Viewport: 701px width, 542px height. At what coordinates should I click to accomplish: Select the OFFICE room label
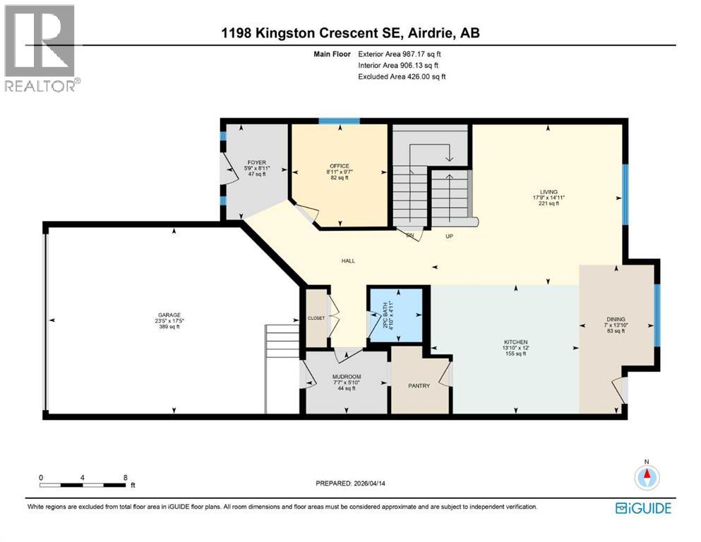340,166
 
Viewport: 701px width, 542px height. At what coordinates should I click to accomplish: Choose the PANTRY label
419,386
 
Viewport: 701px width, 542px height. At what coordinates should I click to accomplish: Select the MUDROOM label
347,377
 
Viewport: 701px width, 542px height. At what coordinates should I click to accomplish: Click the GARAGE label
168,315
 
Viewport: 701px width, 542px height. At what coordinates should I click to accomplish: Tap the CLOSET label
316,318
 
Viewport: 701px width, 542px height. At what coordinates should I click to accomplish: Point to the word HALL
347,261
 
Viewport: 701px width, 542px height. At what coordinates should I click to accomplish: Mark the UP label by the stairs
448,236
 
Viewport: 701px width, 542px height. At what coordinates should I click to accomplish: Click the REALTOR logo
41,48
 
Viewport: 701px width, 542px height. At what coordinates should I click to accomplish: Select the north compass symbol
645,477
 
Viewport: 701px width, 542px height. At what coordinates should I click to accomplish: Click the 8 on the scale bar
125,477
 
